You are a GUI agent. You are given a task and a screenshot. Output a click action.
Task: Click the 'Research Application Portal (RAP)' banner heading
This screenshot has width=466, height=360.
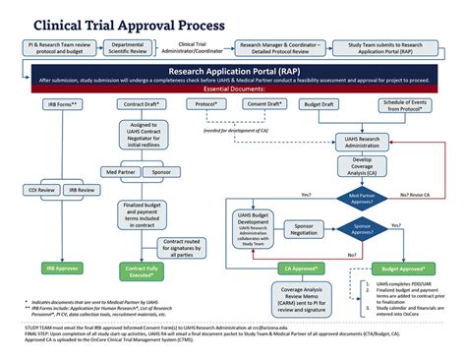click(x=232, y=71)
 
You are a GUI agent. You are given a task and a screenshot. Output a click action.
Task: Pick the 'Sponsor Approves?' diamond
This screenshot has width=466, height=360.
click(x=362, y=231)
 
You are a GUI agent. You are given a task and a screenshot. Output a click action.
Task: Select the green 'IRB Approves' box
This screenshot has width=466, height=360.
click(x=42, y=267)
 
